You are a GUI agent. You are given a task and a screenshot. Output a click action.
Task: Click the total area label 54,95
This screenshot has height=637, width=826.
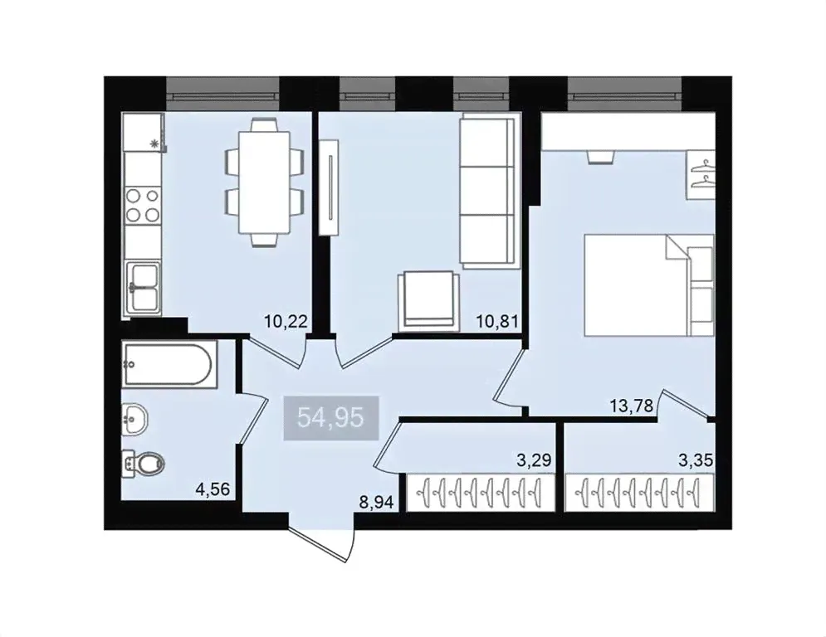tap(331, 418)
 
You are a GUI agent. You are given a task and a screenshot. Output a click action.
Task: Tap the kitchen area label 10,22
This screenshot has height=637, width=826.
tap(286, 321)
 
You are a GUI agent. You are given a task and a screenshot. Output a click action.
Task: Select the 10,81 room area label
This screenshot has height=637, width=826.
tap(497, 321)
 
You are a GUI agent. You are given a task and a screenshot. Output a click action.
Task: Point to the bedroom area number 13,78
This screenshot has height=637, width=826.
tap(632, 406)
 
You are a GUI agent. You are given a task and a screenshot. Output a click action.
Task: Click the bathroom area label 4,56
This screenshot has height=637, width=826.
tap(213, 489)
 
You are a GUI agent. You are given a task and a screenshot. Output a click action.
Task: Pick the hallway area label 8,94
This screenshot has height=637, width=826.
tap(376, 503)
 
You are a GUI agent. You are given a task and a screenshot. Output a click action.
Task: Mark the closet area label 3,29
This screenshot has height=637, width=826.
tap(534, 460)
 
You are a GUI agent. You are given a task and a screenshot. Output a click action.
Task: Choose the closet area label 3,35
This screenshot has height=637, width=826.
tap(696, 460)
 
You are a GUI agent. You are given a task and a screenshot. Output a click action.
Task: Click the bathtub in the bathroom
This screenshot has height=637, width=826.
tap(169, 364)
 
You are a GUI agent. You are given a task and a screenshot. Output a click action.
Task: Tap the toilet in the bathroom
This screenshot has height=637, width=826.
tap(144, 464)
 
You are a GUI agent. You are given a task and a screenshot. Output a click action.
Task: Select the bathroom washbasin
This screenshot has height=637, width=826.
tap(134, 420)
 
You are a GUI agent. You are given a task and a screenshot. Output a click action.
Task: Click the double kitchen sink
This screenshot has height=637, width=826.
tap(144, 288)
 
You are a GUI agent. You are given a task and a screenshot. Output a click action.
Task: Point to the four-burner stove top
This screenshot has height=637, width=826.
tap(143, 206)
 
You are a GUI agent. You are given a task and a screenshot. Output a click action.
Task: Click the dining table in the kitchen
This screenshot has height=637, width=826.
tap(264, 182)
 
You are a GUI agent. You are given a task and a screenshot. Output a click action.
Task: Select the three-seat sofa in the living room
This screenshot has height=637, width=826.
tap(487, 190)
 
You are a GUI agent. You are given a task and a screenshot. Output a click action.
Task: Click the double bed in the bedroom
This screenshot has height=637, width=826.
tap(649, 284)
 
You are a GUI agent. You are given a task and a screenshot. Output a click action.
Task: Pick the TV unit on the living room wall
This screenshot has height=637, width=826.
tap(330, 187)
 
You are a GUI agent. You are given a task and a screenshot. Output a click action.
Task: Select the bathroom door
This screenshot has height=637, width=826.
tap(252, 419)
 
